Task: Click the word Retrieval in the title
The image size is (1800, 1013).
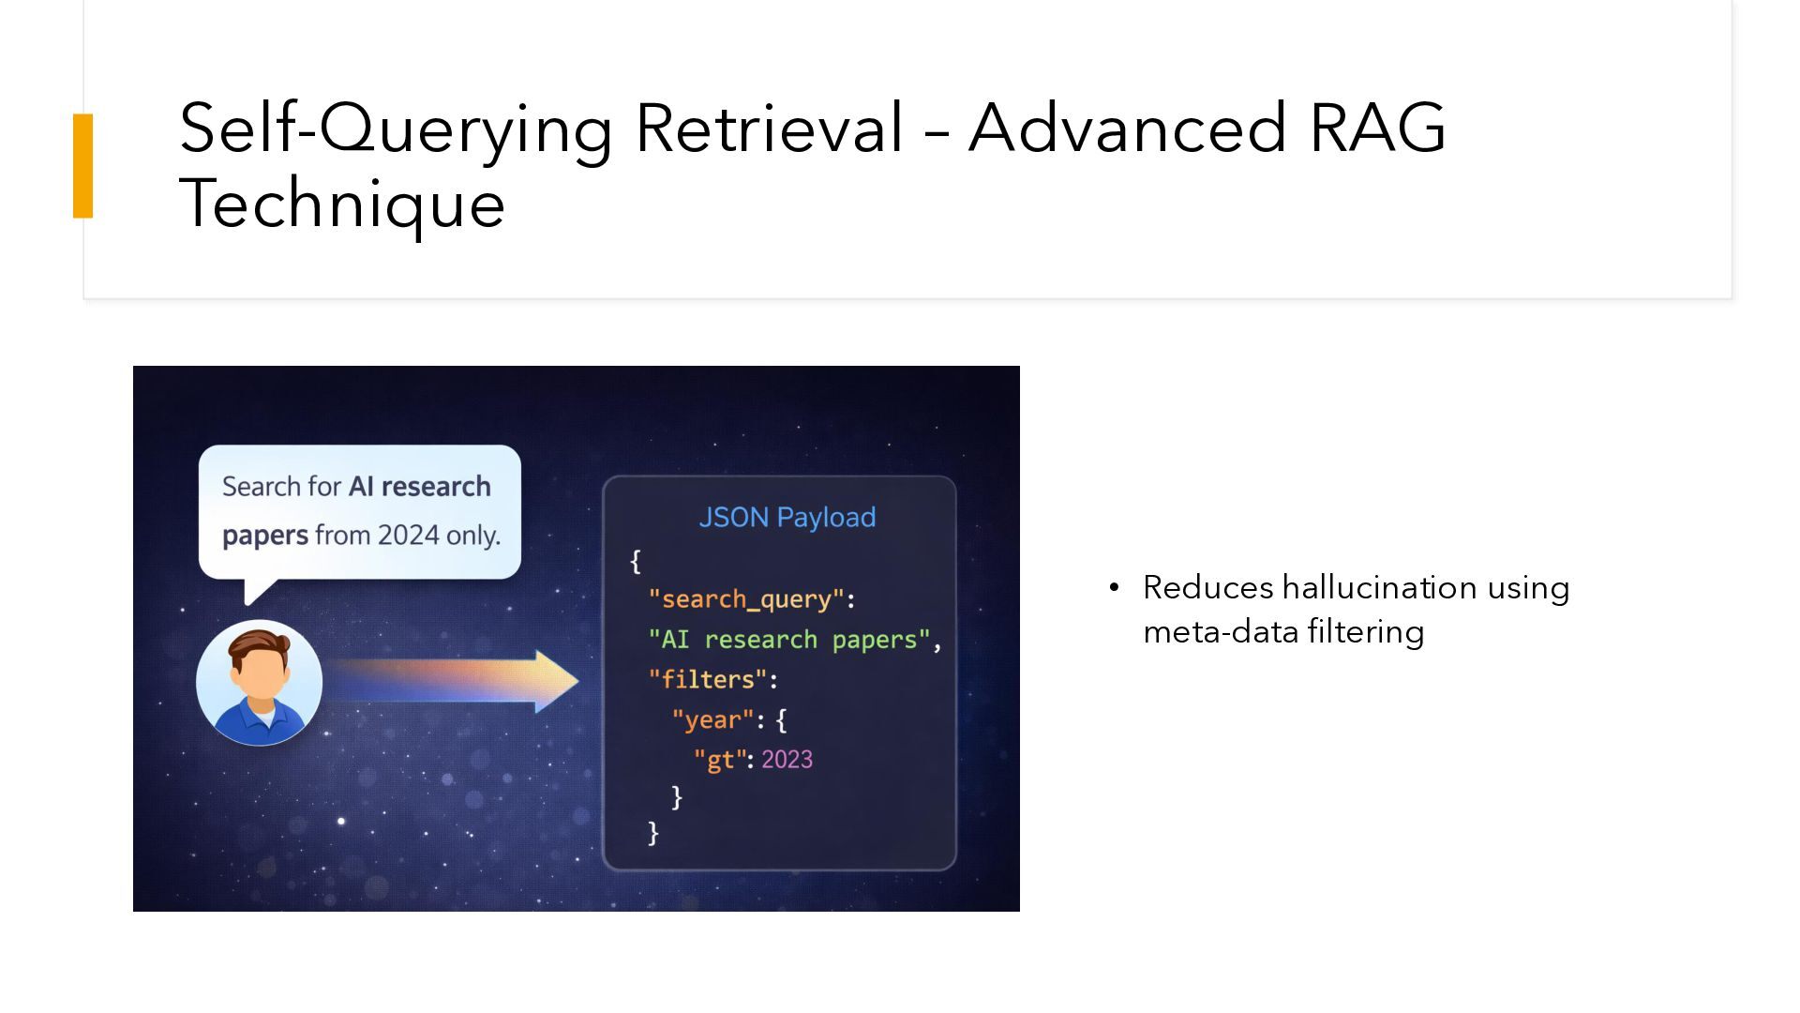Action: [x=769, y=129]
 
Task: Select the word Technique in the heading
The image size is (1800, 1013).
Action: [x=342, y=204]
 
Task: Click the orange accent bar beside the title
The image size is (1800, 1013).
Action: [x=83, y=166]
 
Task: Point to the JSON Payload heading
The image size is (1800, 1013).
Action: [x=787, y=517]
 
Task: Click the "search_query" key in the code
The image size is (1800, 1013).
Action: [x=746, y=599]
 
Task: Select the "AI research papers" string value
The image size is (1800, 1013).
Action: [x=789, y=640]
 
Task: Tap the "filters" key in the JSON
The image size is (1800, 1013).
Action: [x=708, y=679]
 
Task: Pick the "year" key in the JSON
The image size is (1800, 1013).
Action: [x=712, y=719]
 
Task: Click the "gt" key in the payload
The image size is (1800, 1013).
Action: [x=719, y=760]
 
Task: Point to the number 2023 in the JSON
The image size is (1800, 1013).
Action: [x=787, y=760]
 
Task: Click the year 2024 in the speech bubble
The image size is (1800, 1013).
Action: [x=409, y=535]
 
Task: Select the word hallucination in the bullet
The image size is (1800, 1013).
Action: [x=1366, y=588]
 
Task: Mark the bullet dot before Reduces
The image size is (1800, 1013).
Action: [x=1114, y=588]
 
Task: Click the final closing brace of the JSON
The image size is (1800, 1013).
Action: [x=653, y=833]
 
